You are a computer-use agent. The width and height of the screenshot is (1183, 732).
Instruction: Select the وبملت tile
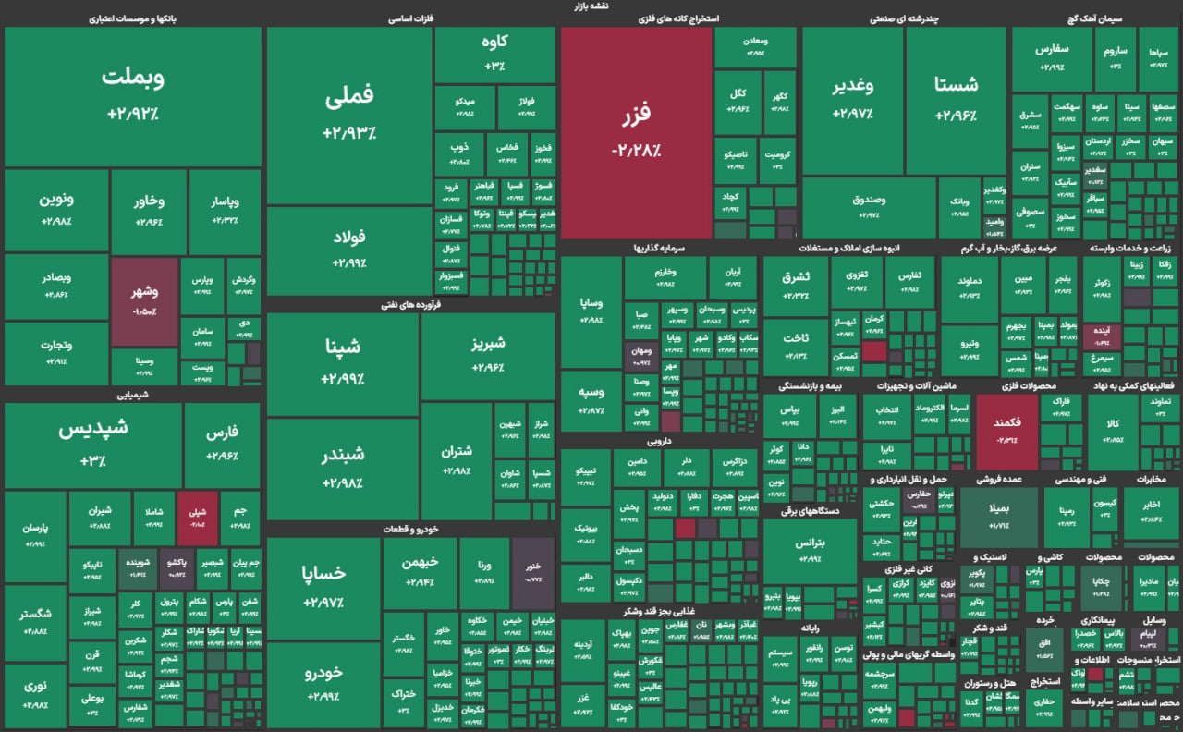pyautogui.click(x=133, y=95)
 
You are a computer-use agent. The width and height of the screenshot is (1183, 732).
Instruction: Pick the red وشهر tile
pyautogui.click(x=144, y=302)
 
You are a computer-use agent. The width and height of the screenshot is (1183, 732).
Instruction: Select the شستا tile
pyautogui.click(x=956, y=99)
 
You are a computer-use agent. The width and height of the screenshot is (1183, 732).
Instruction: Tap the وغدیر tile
pyautogui.click(x=852, y=99)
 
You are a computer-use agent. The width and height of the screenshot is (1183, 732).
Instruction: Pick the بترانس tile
pyautogui.click(x=811, y=549)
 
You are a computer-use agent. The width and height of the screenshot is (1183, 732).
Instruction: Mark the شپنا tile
pyautogui.click(x=342, y=362)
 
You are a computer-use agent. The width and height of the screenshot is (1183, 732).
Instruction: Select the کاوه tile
pyautogui.click(x=495, y=54)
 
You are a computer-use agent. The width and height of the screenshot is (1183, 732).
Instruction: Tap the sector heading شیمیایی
pyautogui.click(x=134, y=394)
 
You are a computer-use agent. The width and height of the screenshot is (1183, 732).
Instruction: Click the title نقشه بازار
pyautogui.click(x=591, y=6)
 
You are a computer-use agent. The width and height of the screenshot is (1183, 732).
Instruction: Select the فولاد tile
pyautogui.click(x=349, y=250)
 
